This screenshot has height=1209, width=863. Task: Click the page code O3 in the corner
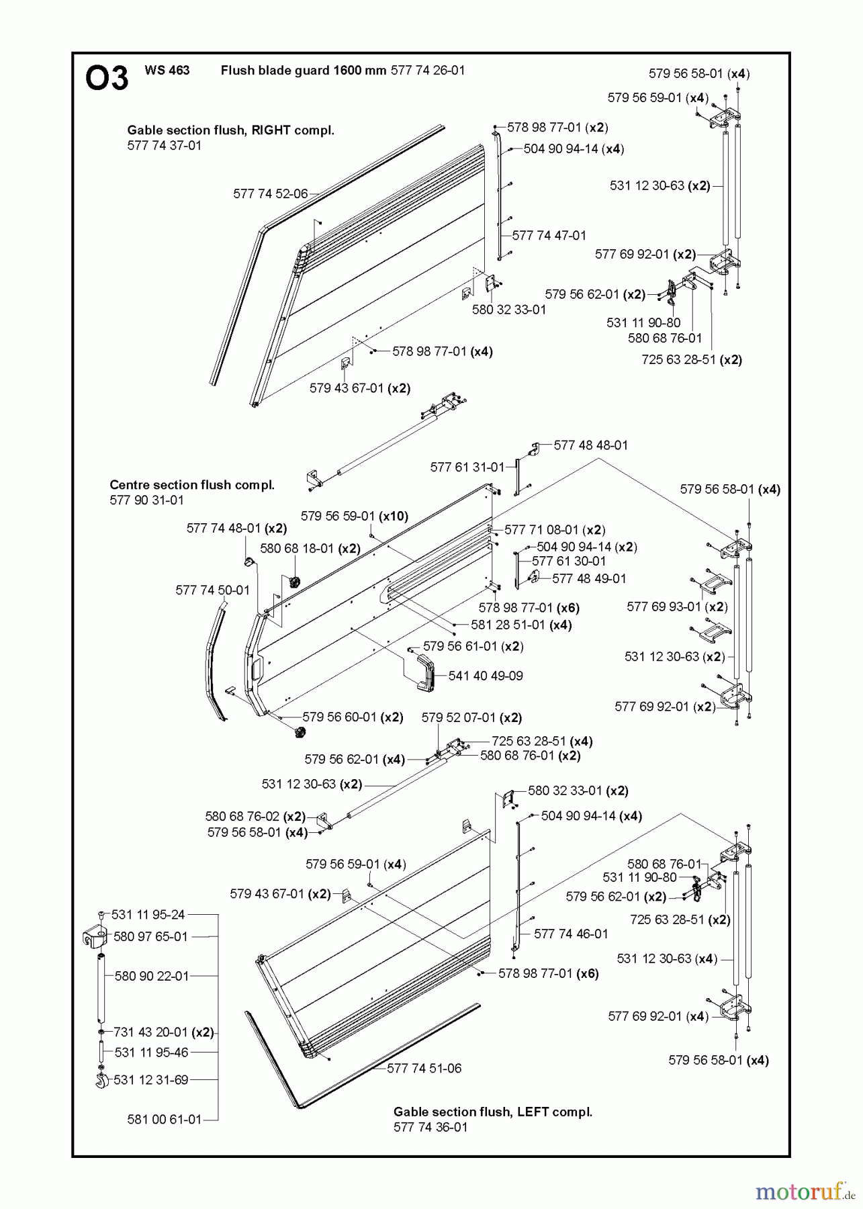(107, 79)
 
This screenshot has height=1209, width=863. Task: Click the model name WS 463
(167, 71)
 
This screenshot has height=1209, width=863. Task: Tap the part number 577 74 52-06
(271, 194)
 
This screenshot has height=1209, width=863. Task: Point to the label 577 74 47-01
(549, 236)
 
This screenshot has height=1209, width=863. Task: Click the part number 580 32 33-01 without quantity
(509, 310)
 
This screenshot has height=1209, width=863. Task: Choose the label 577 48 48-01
(591, 445)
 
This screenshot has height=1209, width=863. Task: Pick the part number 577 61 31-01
(467, 467)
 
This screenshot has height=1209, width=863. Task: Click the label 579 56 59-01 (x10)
(355, 516)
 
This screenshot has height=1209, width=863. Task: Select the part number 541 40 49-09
(486, 676)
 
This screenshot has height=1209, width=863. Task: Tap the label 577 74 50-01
(212, 590)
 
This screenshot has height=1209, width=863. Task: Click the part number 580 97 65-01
(151, 936)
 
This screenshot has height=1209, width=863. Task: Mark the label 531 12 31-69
(151, 1080)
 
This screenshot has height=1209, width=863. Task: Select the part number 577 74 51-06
(424, 1069)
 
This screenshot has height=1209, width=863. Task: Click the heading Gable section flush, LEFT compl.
(493, 1112)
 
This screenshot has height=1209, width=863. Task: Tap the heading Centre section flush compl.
(192, 485)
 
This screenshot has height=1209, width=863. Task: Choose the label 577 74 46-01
(572, 934)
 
